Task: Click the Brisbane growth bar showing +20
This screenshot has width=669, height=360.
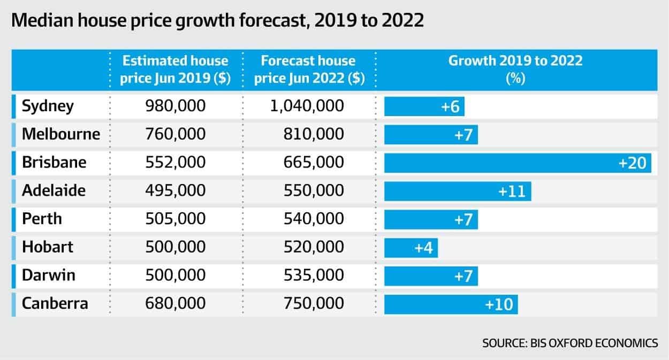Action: coord(518,163)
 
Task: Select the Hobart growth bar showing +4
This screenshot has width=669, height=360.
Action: coord(411,248)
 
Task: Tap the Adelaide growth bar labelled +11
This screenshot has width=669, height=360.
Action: coord(458,191)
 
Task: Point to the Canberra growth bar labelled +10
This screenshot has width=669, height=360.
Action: coord(451,304)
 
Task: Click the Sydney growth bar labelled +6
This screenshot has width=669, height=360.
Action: coord(424,106)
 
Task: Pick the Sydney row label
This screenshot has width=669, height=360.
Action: coord(48,106)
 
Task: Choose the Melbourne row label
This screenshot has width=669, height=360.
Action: coord(61,134)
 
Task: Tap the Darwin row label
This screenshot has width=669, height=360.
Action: coord(48,275)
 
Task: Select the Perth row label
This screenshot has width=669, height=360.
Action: coord(42,219)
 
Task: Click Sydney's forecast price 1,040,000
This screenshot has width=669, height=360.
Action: coord(306,106)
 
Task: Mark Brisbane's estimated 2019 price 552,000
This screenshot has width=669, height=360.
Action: coord(175,163)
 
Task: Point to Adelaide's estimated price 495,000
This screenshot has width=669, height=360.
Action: coord(175,191)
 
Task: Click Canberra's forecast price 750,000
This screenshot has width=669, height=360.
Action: coord(314,304)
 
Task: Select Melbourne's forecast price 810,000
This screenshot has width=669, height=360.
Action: coord(314,134)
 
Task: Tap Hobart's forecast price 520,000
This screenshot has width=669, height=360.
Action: coord(314,247)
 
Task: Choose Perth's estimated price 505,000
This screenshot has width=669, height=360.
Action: coord(175,219)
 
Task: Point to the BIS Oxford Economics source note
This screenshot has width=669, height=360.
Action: coord(570,343)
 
